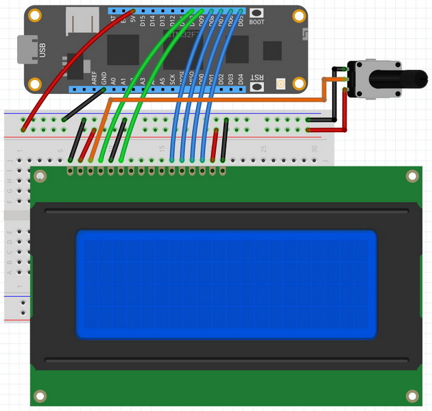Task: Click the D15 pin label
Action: (x=143, y=21)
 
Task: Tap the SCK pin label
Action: (x=172, y=79)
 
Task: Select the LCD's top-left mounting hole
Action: (x=40, y=176)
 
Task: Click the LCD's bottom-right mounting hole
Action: (x=412, y=396)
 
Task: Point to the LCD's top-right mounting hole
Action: (x=412, y=176)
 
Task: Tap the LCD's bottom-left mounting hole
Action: (x=40, y=396)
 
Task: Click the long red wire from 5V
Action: (x=69, y=68)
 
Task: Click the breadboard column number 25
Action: (x=264, y=149)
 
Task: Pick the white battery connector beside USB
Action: (x=77, y=25)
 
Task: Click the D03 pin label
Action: (x=231, y=79)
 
